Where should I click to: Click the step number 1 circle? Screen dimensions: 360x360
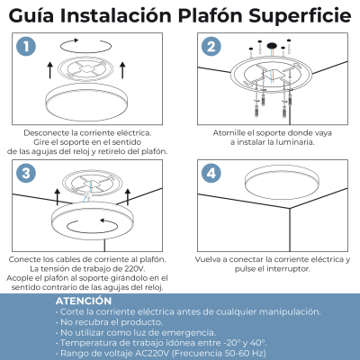26,47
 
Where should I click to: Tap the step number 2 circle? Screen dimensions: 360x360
211,47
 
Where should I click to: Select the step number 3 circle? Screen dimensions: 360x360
26,173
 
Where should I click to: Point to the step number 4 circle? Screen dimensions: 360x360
211,173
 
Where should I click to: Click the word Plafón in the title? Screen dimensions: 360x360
211,15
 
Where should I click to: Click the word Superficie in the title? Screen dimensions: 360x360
300,16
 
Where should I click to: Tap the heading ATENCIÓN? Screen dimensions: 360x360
84,301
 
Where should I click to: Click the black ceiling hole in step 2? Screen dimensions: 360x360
272,46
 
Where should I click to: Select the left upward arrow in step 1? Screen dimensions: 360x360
50,70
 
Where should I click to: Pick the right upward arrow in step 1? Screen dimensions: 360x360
122,70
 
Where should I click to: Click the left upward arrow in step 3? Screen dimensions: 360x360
58,197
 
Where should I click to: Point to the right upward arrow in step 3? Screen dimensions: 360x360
128,197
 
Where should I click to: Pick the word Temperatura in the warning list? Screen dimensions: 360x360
85,343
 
